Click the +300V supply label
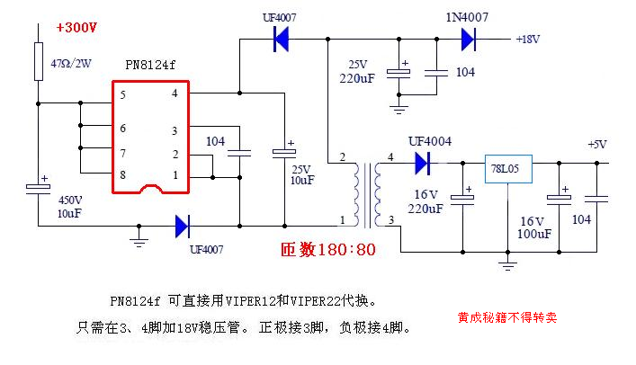[x=76, y=28]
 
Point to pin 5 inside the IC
[x=123, y=93]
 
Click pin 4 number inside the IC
[x=175, y=93]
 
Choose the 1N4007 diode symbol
[x=467, y=39]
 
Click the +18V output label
[x=527, y=40]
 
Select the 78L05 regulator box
[x=508, y=168]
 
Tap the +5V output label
[x=597, y=144]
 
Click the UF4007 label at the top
[x=280, y=17]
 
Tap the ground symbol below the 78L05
[x=508, y=265]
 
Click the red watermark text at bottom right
[x=506, y=317]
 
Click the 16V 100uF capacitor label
[x=534, y=227]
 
